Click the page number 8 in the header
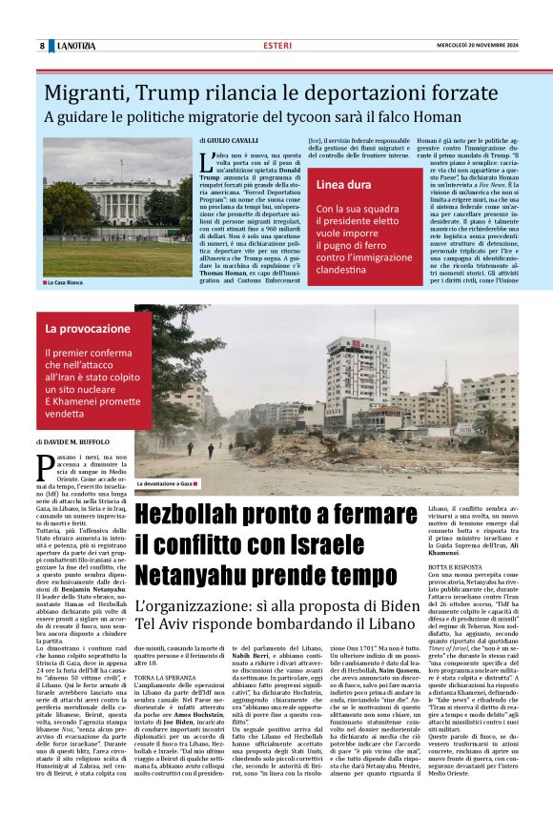coord(42,46)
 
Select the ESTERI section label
coord(277,46)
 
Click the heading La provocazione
coord(89,329)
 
